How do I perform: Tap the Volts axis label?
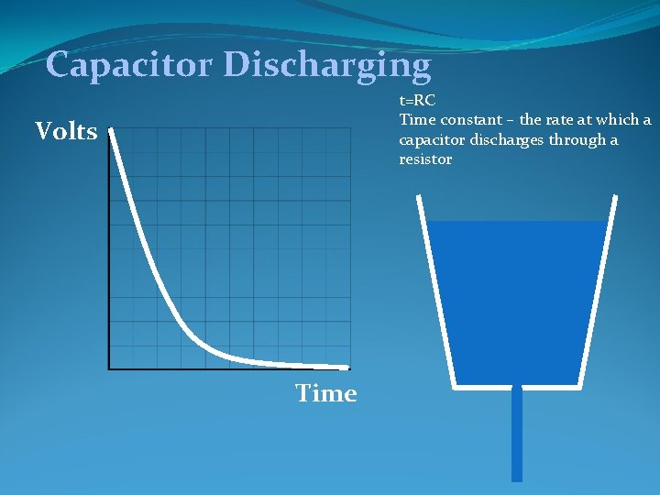66,132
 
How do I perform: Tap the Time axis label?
325,393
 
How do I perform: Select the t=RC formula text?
417,101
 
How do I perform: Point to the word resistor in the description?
425,159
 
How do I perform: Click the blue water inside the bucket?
518,302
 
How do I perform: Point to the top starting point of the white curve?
110,130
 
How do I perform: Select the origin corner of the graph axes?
109,368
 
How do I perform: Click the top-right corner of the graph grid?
350,128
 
